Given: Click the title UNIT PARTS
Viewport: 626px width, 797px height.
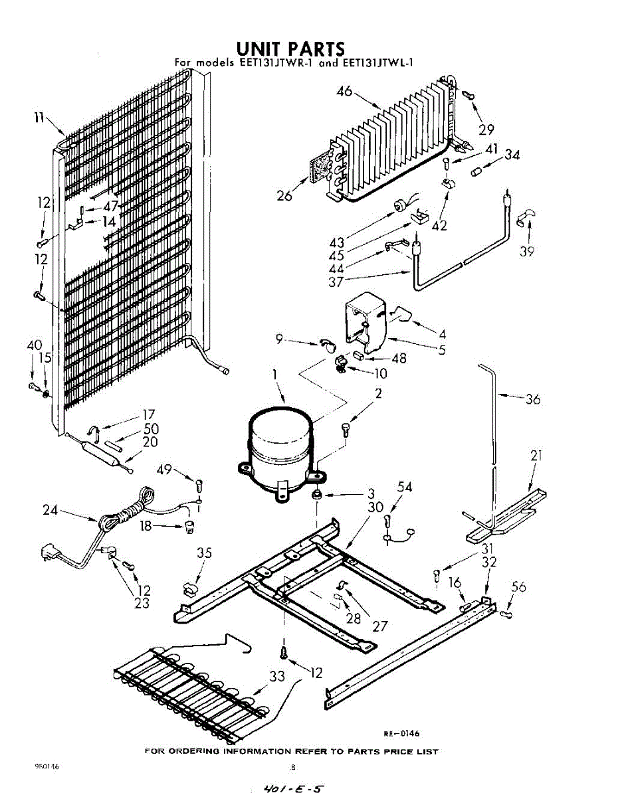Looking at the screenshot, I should coord(291,48).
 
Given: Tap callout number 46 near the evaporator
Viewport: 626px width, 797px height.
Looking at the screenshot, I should coord(344,92).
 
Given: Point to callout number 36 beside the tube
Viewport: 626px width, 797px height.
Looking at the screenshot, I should coord(532,399).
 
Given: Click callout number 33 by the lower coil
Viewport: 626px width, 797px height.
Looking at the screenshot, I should coord(278,676).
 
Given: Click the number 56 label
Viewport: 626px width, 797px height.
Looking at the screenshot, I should coord(518,586).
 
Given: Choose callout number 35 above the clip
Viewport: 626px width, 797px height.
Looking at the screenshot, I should coord(205,553).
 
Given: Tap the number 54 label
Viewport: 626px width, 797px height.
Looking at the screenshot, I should coord(405,487).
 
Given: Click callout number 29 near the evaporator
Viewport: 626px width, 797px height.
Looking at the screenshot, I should coord(486,129).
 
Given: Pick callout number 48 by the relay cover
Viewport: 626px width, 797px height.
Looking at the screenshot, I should coord(399,359).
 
